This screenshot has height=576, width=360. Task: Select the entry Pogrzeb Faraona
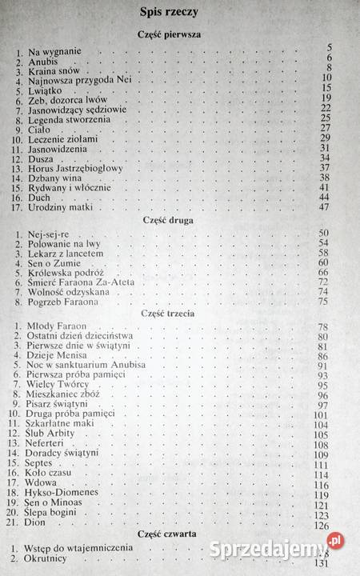click(x=64, y=302)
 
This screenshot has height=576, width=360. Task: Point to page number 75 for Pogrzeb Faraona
click(x=325, y=302)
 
